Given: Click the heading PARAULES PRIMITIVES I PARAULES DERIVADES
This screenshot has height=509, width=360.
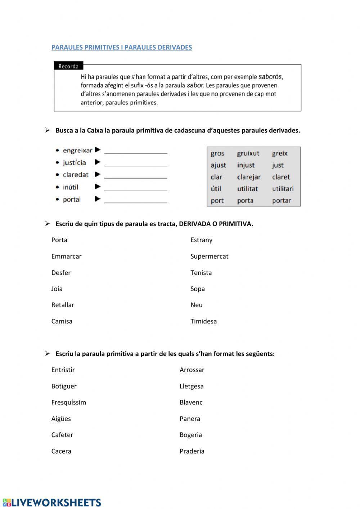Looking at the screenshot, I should (121, 48).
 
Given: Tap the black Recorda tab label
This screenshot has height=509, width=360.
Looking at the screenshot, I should (68, 66).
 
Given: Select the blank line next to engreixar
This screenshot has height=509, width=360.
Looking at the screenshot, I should (136, 151).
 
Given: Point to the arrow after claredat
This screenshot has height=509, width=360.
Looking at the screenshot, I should (98, 174).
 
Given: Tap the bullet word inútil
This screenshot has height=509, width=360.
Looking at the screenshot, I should (71, 187).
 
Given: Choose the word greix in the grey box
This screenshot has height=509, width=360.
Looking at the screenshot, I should (280, 153).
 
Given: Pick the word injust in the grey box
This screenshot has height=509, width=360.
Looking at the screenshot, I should (246, 165).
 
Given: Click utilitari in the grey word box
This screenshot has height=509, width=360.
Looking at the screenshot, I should (283, 189).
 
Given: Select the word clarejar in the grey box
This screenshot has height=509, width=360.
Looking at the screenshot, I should (249, 177).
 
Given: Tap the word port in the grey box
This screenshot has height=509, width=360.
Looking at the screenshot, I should (217, 201).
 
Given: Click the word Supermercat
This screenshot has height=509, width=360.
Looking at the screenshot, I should (209, 256).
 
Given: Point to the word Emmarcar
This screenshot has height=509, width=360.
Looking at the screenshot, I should (66, 256).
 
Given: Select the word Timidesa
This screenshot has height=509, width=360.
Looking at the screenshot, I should (203, 321).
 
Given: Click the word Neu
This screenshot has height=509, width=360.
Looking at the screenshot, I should (196, 305).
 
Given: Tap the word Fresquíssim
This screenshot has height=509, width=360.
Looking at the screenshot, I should (68, 402).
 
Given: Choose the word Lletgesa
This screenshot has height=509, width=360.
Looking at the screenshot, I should (192, 386).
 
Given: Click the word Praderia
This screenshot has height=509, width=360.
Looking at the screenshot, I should (192, 451).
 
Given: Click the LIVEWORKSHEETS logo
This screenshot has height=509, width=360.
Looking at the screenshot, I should (52, 503).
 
